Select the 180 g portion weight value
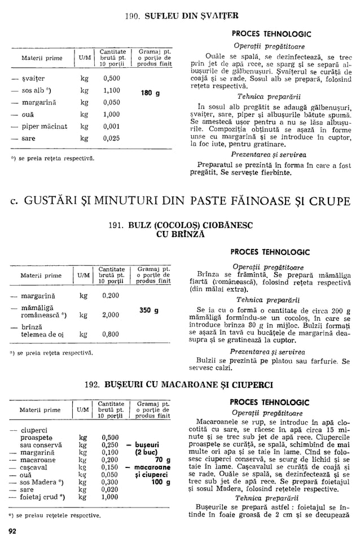point(150,93)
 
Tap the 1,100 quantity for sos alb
point(112,90)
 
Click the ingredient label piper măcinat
point(44,126)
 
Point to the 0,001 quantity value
point(112,126)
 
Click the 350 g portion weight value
point(149,310)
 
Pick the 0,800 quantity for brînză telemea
point(112,334)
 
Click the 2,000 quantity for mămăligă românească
point(112,315)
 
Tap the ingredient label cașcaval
point(35,468)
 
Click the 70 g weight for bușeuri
point(163,460)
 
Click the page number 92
point(12,531)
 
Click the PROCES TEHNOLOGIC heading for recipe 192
point(270,403)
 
